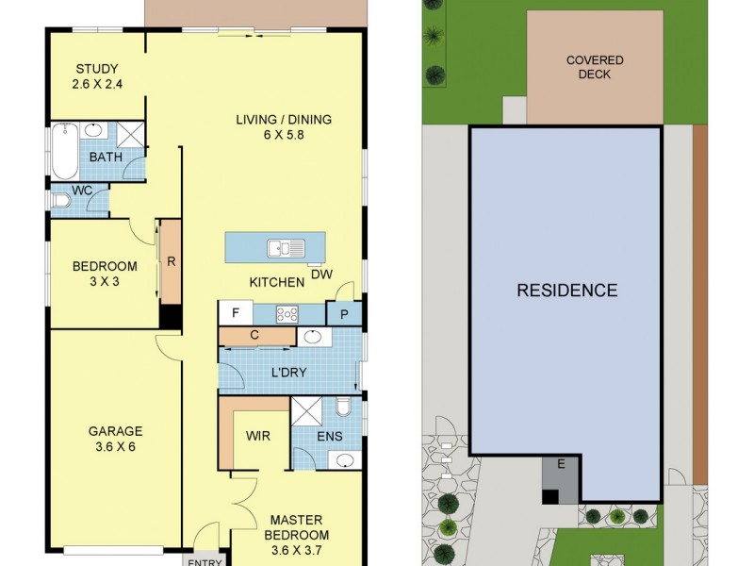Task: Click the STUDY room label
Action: point(97,75)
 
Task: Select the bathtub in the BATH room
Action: point(64,151)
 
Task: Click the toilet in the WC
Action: point(62,200)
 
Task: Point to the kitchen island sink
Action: point(286,248)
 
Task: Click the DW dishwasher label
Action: point(320,275)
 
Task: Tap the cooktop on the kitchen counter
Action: point(287,314)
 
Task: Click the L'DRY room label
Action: point(289,372)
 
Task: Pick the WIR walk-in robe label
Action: point(258,437)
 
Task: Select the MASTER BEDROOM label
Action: point(297,527)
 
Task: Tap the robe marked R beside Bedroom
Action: point(171,263)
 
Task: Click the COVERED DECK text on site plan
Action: point(595,67)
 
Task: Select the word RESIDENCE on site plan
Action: point(566,291)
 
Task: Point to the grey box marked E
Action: point(561,463)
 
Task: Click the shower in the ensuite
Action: point(305,413)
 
